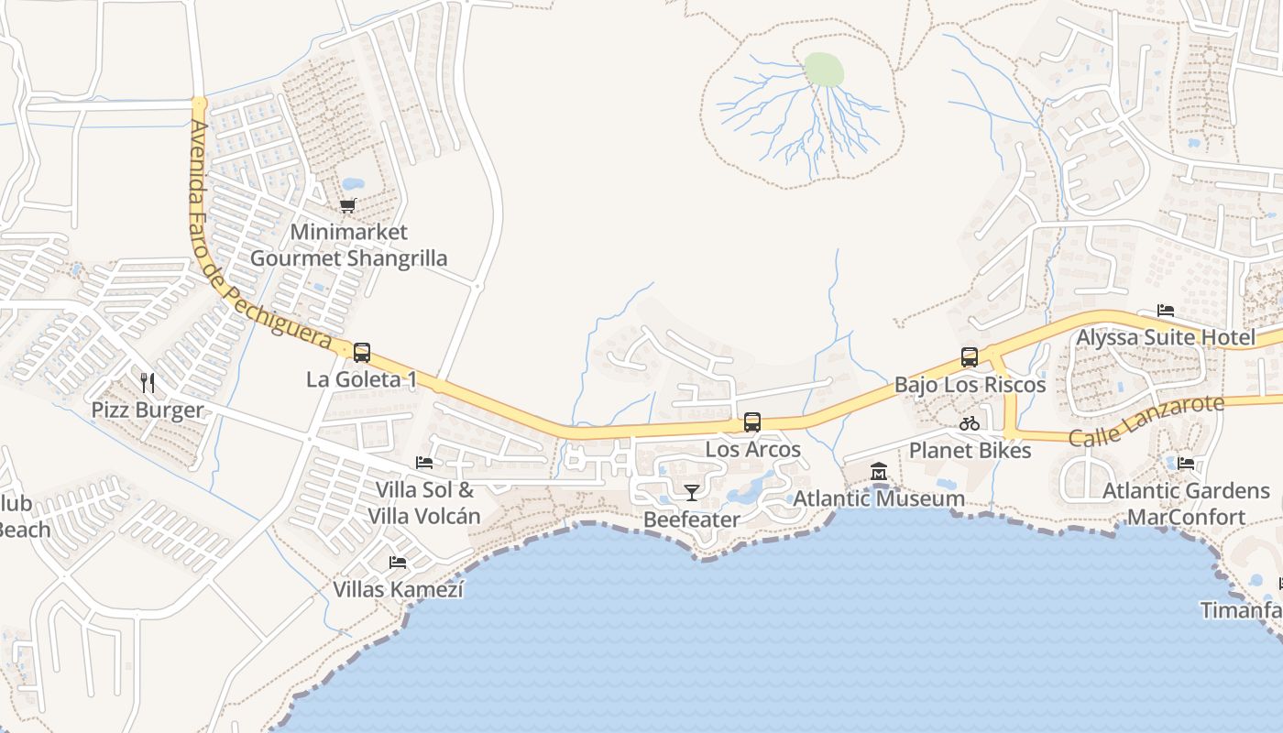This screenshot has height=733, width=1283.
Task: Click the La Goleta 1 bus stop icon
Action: click(362, 353)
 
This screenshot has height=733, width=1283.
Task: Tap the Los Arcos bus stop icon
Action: click(752, 422)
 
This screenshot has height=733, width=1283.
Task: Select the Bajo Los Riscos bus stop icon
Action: click(970, 357)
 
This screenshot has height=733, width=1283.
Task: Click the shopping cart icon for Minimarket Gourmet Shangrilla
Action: click(347, 206)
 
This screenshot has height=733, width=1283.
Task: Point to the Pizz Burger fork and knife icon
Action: click(147, 382)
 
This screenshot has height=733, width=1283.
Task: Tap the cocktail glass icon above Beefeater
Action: click(691, 493)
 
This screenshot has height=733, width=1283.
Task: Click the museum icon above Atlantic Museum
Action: click(879, 472)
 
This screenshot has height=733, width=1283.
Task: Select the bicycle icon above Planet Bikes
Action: click(970, 423)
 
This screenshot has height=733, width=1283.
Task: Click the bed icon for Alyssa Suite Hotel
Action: click(1166, 311)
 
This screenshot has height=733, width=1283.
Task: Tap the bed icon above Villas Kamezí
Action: click(398, 562)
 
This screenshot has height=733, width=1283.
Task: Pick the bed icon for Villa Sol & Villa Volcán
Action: click(424, 463)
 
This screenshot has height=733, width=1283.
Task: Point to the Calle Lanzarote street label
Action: click(1146, 421)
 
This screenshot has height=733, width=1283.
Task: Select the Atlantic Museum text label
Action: click(878, 498)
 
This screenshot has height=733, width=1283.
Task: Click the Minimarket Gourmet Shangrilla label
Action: click(349, 246)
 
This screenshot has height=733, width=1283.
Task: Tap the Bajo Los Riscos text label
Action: click(970, 385)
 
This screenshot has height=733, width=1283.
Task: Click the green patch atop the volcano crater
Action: click(823, 70)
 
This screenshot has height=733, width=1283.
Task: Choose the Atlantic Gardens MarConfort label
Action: click(1186, 504)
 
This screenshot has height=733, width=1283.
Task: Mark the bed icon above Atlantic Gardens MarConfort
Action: click(1186, 464)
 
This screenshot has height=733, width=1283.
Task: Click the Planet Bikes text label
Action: click(970, 451)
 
